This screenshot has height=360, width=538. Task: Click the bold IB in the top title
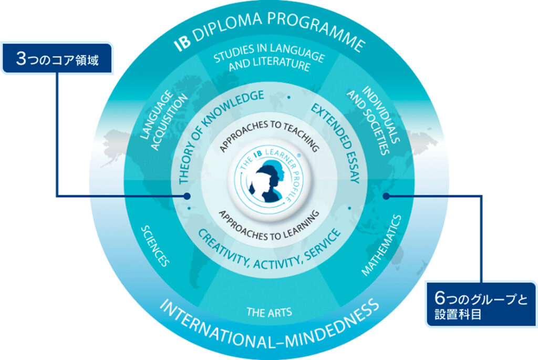181,39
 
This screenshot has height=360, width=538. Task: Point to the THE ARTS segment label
269,312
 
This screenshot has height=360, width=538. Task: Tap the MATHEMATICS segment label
382,244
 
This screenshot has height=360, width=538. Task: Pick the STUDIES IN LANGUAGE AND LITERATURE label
269,60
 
